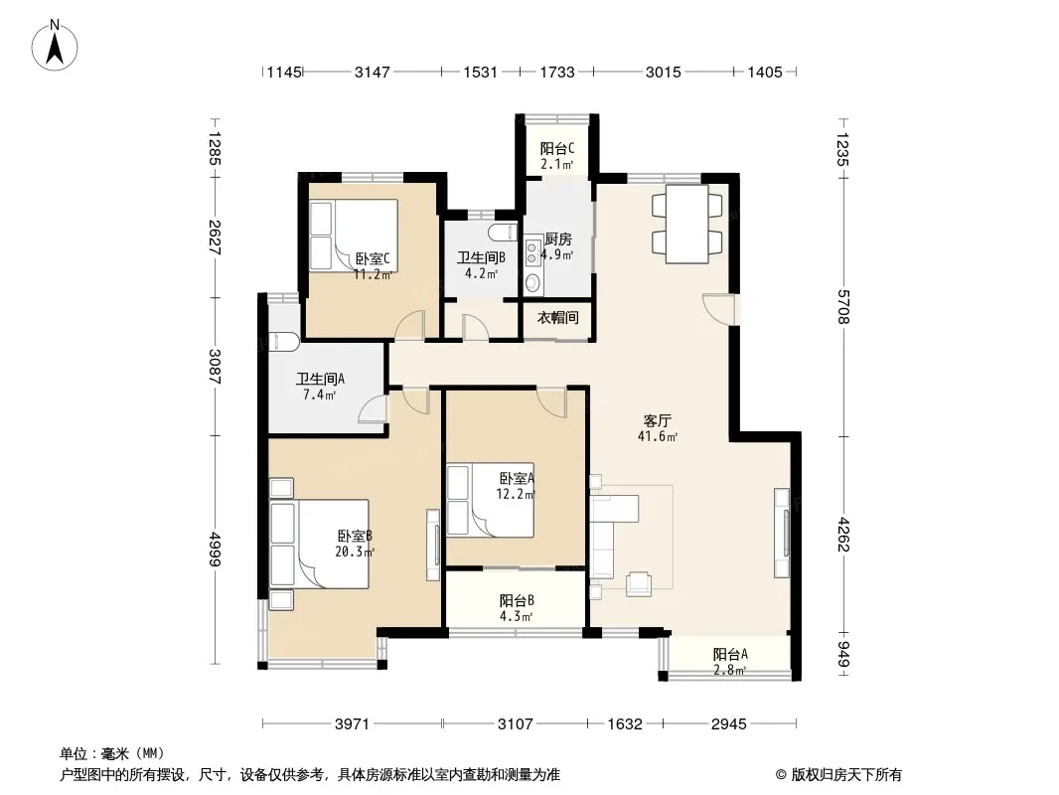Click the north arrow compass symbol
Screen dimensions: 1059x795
click(55, 45)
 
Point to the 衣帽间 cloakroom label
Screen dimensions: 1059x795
click(558, 317)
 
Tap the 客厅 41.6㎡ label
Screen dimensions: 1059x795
click(657, 428)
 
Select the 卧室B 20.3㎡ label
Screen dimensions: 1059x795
click(355, 544)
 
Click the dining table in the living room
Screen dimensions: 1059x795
click(686, 224)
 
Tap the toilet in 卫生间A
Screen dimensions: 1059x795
click(283, 342)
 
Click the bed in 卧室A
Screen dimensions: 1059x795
click(491, 500)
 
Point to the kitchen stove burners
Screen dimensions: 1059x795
click(531, 251)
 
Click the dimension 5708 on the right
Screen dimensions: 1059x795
click(842, 307)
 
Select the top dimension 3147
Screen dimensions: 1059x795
click(373, 73)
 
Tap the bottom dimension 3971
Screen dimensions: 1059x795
click(352, 724)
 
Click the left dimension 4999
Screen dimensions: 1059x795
click(215, 550)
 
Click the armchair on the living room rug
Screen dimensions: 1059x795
click(638, 583)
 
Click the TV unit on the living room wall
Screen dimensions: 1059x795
click(782, 533)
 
